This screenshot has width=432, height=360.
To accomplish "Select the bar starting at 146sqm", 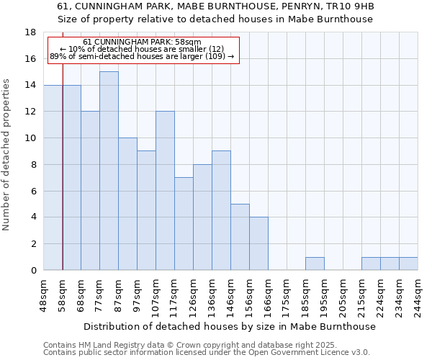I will pyautogui.click(x=240, y=237).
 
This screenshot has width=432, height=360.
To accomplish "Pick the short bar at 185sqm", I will pyautogui.click(x=315, y=264).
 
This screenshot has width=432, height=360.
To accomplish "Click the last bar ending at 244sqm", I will pyautogui.click(x=408, y=264).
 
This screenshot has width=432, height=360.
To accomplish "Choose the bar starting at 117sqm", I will pyautogui.click(x=184, y=223).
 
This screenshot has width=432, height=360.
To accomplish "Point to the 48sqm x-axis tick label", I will pyautogui.click(x=43, y=295).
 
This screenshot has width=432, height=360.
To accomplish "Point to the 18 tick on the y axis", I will pyautogui.click(x=30, y=32).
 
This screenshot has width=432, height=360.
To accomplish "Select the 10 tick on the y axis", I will pyautogui.click(x=30, y=138).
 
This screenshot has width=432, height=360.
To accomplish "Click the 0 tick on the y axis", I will pyautogui.click(x=33, y=271).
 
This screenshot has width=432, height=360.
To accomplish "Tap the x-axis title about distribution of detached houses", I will pyautogui.click(x=230, y=327).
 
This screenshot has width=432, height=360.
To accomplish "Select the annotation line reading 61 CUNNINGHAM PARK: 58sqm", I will pyautogui.click(x=142, y=42).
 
